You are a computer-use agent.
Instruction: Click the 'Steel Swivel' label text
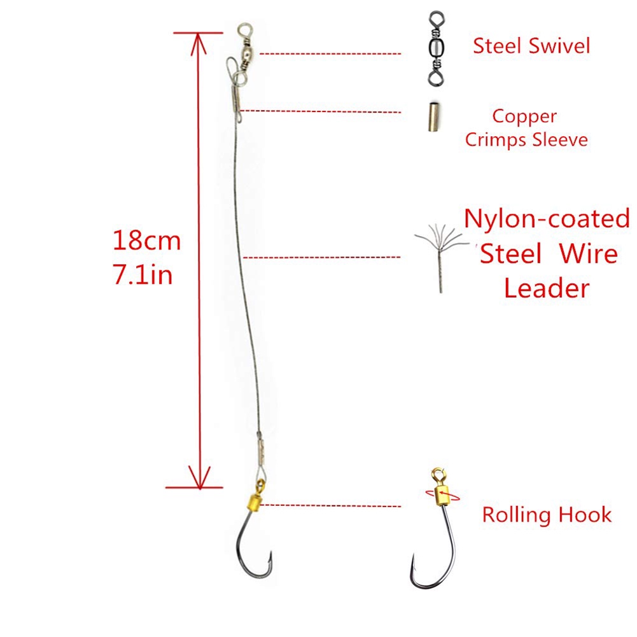pos(531,46)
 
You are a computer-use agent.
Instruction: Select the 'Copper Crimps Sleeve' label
pos(526,128)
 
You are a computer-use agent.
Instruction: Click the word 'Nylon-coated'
pos(547,219)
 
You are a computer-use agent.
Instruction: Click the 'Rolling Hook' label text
pos(547,514)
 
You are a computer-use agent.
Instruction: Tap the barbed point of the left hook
pos(270,560)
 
